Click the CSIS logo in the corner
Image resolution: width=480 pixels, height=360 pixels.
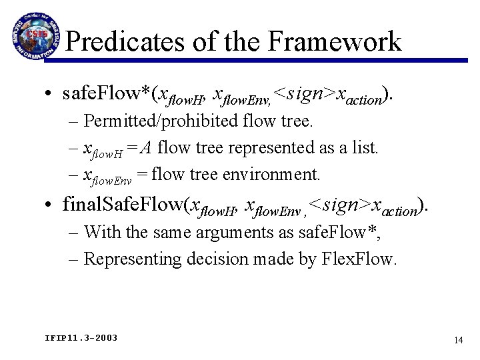34,34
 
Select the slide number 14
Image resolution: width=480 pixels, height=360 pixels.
458,340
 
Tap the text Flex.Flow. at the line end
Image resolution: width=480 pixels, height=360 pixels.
364,258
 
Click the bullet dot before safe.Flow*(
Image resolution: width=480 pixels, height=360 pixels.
51,95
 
